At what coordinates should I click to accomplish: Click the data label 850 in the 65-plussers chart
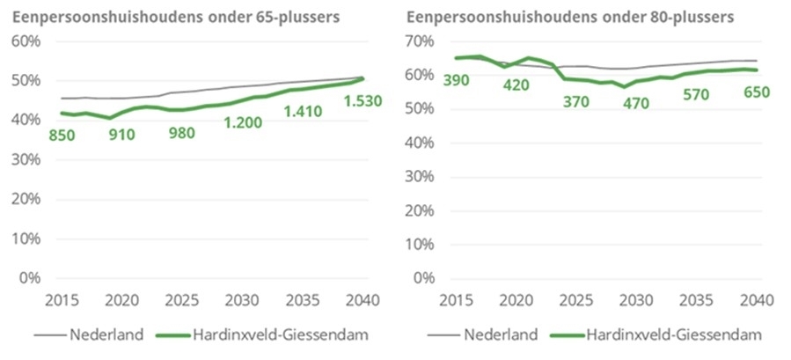point(62,136)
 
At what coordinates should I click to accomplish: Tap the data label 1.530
point(363,101)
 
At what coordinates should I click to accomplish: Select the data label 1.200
point(243,122)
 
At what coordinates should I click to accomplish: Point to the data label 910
point(122,135)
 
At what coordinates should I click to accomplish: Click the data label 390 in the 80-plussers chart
point(456,80)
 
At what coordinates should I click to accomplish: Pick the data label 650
point(756,93)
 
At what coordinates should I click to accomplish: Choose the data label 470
point(634,104)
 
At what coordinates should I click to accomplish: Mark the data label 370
point(576,101)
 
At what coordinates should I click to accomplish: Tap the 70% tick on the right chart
point(419,41)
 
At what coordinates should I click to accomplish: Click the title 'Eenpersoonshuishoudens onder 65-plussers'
point(176,18)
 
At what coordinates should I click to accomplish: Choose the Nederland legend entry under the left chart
point(89,334)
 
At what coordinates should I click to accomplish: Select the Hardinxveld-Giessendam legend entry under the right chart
point(655,334)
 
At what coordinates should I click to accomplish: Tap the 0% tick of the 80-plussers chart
point(423,278)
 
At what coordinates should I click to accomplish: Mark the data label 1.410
point(303,111)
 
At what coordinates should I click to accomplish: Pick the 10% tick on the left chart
point(26,239)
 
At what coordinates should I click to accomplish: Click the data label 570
point(697,94)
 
